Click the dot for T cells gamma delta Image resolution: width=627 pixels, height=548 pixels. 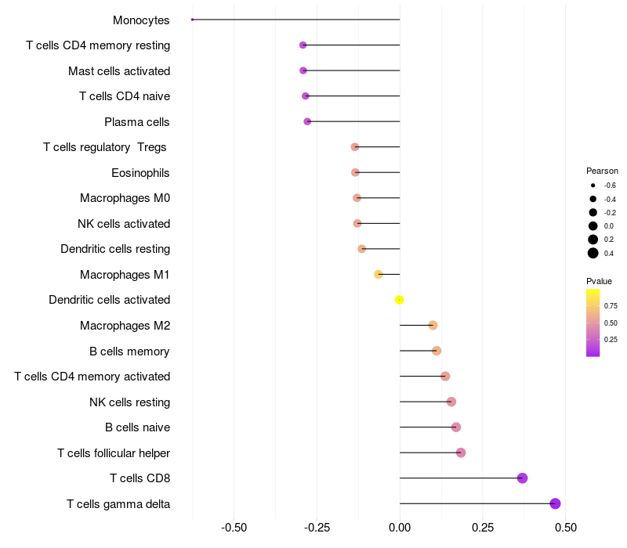tap(555, 503)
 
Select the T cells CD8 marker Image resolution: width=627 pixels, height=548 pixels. tap(522, 478)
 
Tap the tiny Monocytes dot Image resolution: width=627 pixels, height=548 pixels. tap(192, 20)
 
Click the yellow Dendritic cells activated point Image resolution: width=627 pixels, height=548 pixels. tap(399, 300)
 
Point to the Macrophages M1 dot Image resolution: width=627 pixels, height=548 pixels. tap(378, 274)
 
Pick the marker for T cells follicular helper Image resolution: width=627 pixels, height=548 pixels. tap(460, 452)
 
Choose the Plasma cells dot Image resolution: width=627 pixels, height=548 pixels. tap(307, 121)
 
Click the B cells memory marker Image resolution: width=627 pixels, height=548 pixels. tap(436, 351)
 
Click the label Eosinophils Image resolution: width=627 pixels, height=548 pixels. tap(140, 172)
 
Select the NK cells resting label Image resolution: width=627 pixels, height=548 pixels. tap(129, 402)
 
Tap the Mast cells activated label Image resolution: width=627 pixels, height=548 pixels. tap(119, 71)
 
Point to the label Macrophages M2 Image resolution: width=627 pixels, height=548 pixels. tap(125, 326)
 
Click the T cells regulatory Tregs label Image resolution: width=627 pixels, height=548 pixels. tap(106, 147)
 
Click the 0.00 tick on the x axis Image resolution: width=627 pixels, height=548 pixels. tap(400, 528)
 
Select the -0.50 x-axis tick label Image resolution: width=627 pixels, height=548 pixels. tap(234, 528)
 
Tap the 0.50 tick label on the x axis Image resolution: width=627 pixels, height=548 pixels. tap(564, 528)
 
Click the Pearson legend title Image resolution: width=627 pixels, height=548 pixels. tap(602, 171)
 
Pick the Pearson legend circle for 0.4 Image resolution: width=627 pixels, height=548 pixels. tap(593, 253)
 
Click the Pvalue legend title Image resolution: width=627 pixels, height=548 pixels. tap(599, 281)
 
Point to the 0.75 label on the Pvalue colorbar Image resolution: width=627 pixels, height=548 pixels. tap(611, 305)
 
